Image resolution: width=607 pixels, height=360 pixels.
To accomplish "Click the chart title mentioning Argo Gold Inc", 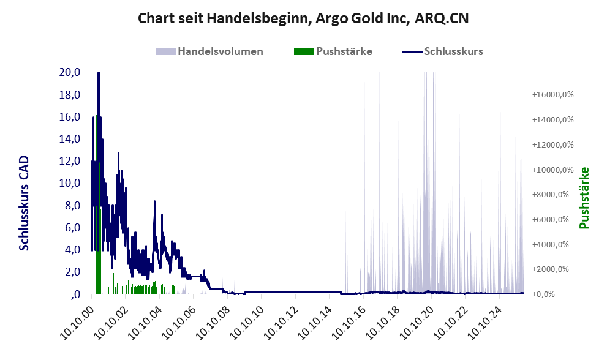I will (x=303, y=18).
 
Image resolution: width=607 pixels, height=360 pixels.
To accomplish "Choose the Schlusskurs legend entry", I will (x=442, y=51).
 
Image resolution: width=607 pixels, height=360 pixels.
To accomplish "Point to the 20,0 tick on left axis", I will (x=70, y=72).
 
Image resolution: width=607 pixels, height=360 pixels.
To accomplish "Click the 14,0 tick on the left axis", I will (x=70, y=139).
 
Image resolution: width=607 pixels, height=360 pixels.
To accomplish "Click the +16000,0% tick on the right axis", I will (x=552, y=95).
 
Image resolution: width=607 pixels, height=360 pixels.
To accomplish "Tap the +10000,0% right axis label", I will (x=552, y=170).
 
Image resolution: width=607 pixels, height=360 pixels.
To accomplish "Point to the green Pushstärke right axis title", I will (x=584, y=198).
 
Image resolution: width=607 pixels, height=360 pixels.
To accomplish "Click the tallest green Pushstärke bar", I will (x=99, y=245).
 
